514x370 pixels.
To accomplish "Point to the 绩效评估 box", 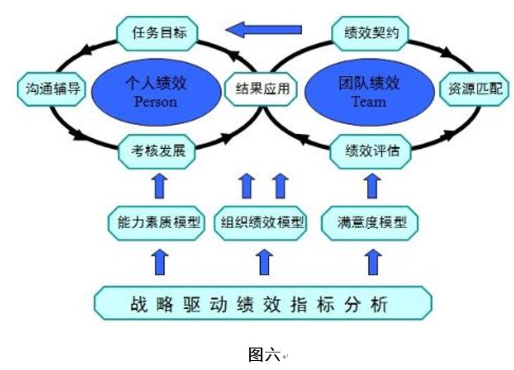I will click(x=368, y=150).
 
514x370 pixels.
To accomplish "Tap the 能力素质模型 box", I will click(x=155, y=223).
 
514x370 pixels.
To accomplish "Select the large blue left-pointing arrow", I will click(x=264, y=29).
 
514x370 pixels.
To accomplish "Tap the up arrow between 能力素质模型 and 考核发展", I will click(x=161, y=185).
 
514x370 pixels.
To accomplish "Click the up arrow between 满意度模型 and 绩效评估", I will click(x=373, y=185).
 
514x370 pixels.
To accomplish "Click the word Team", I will click(x=368, y=102).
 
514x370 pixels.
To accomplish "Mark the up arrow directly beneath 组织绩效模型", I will click(x=264, y=262).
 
